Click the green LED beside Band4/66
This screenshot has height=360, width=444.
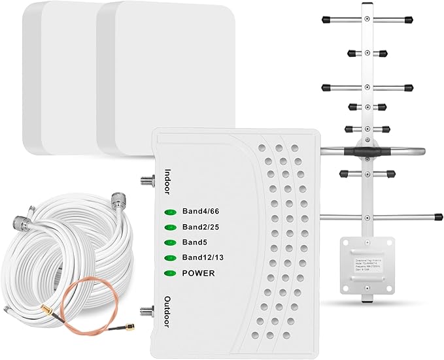click(x=171, y=212)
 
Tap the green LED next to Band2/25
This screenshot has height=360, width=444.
click(x=171, y=227)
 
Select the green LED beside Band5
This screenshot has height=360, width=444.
click(x=171, y=242)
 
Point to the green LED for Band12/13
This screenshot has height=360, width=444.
click(x=171, y=257)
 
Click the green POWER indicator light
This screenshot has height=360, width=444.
click(x=171, y=272)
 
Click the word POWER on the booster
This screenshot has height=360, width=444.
click(x=198, y=272)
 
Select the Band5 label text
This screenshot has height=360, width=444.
click(x=194, y=242)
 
